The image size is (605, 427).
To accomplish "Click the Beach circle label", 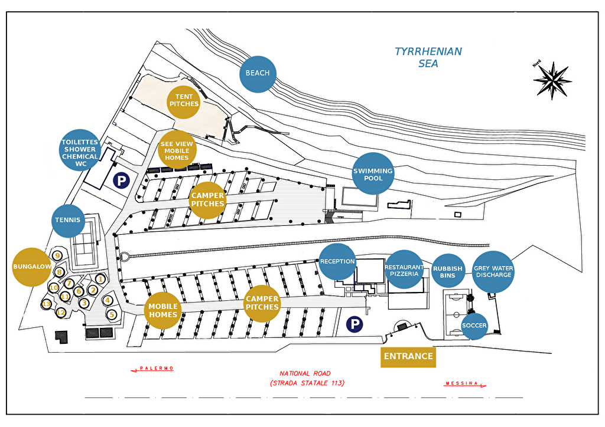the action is (x=258, y=74).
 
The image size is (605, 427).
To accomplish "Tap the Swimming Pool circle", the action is (x=373, y=173).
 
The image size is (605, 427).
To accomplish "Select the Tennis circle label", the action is (x=69, y=220).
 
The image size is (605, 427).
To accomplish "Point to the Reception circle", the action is (x=337, y=262).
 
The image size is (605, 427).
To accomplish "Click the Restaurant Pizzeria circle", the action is (x=404, y=270).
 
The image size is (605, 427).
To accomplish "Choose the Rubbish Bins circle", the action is (x=448, y=271).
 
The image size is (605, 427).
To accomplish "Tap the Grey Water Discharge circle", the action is (x=493, y=272).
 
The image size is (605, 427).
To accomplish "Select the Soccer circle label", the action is (x=474, y=326).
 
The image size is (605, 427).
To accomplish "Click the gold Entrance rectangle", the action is (x=408, y=357).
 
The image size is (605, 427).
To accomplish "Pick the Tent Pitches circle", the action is (x=184, y=101).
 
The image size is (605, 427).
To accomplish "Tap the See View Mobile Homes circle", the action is (x=177, y=150).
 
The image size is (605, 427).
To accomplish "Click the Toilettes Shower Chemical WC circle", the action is (x=80, y=150).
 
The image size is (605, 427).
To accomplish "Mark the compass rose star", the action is (x=552, y=80).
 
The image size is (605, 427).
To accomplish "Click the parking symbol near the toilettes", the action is (x=122, y=180).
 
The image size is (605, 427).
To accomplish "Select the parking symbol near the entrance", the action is (x=354, y=324).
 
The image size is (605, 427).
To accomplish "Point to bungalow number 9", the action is (x=57, y=255).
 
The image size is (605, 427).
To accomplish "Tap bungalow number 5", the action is (x=112, y=314).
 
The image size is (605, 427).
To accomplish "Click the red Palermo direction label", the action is (x=152, y=369).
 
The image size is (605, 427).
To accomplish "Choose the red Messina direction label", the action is (x=465, y=383).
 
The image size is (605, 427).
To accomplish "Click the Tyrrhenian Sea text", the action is (x=428, y=57).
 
